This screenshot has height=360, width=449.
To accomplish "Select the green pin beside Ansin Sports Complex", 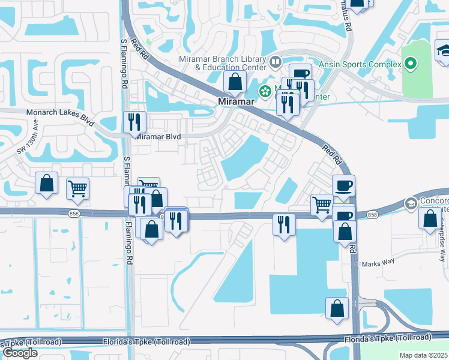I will click(411, 63).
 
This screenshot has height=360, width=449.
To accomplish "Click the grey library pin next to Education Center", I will click(276, 61).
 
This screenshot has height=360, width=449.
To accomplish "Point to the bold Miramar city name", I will click(237, 102).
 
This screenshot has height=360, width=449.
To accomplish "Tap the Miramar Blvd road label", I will click(158, 137).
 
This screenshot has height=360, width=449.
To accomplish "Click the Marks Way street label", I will click(376, 263).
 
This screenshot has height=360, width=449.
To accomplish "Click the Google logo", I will click(20, 353).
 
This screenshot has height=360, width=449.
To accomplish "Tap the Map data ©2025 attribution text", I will click(424, 355).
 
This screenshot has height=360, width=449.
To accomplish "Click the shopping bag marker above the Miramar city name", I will click(235, 81).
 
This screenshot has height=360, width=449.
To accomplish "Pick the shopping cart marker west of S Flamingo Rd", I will click(77, 188).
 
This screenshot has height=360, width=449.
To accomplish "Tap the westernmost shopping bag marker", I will click(46, 183).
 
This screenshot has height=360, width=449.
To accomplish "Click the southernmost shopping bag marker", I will click(337, 308).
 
